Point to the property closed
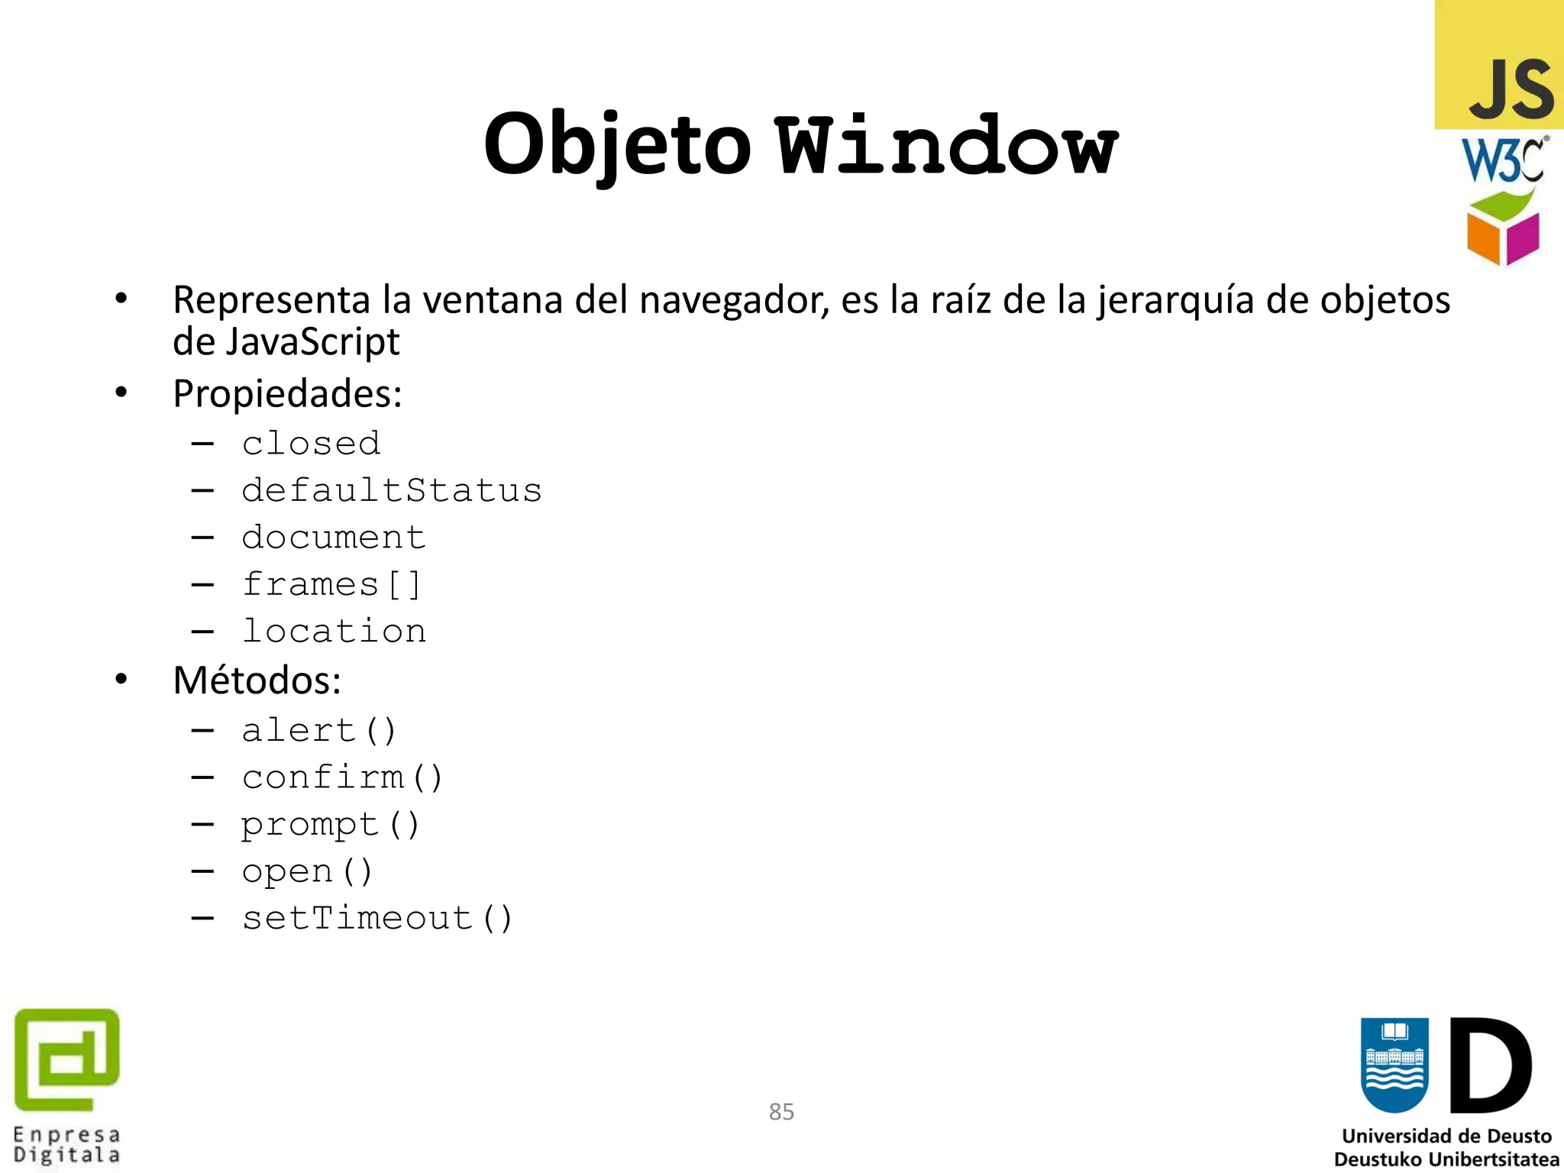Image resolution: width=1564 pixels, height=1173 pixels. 311,444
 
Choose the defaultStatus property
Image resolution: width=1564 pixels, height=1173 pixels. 391,490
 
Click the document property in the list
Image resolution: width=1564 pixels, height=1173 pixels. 334,538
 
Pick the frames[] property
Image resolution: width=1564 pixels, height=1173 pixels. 331,585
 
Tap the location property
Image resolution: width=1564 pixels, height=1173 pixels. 334,632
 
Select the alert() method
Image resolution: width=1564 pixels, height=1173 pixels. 319,731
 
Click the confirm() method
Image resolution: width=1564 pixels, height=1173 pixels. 342,777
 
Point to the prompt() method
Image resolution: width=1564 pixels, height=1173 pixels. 331,825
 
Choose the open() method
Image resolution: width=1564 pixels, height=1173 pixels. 307,871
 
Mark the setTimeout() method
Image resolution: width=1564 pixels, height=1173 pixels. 377,919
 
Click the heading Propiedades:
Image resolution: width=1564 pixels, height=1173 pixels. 287,394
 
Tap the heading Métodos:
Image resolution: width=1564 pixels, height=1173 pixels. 257,680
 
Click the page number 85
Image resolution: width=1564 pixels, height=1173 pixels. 781,1111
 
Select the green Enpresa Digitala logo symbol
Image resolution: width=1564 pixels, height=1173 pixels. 67,1059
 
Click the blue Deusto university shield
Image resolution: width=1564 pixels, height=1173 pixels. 1394,1065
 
